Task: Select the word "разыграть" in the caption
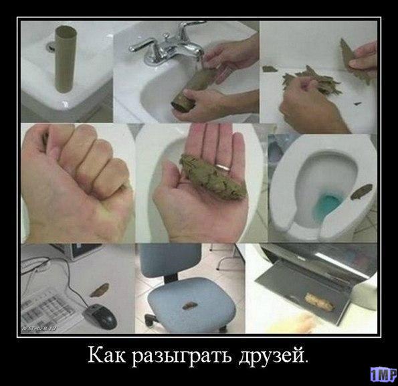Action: [182, 357]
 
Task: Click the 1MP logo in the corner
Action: [384, 374]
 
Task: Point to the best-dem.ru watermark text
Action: [39, 328]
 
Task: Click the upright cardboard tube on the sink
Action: [66, 59]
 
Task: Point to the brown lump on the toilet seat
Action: [361, 191]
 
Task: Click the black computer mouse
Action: [100, 316]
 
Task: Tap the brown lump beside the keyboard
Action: [99, 290]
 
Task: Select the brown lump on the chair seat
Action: [189, 306]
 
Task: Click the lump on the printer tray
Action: [319, 302]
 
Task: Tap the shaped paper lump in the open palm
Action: [213, 177]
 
